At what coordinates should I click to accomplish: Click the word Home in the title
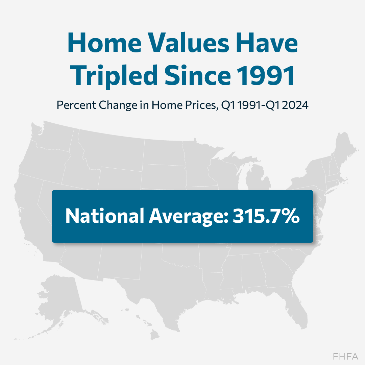tap(104, 43)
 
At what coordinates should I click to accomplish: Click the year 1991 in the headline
tap(266, 75)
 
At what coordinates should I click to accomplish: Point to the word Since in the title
tap(197, 75)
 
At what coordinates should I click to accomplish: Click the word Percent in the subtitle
tap(77, 105)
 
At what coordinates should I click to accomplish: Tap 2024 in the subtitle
tap(295, 105)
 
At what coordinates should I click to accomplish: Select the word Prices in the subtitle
tap(201, 105)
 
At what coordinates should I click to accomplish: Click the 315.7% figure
tap(266, 216)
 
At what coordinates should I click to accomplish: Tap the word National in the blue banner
tap(105, 216)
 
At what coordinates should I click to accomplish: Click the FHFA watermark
tap(345, 357)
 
